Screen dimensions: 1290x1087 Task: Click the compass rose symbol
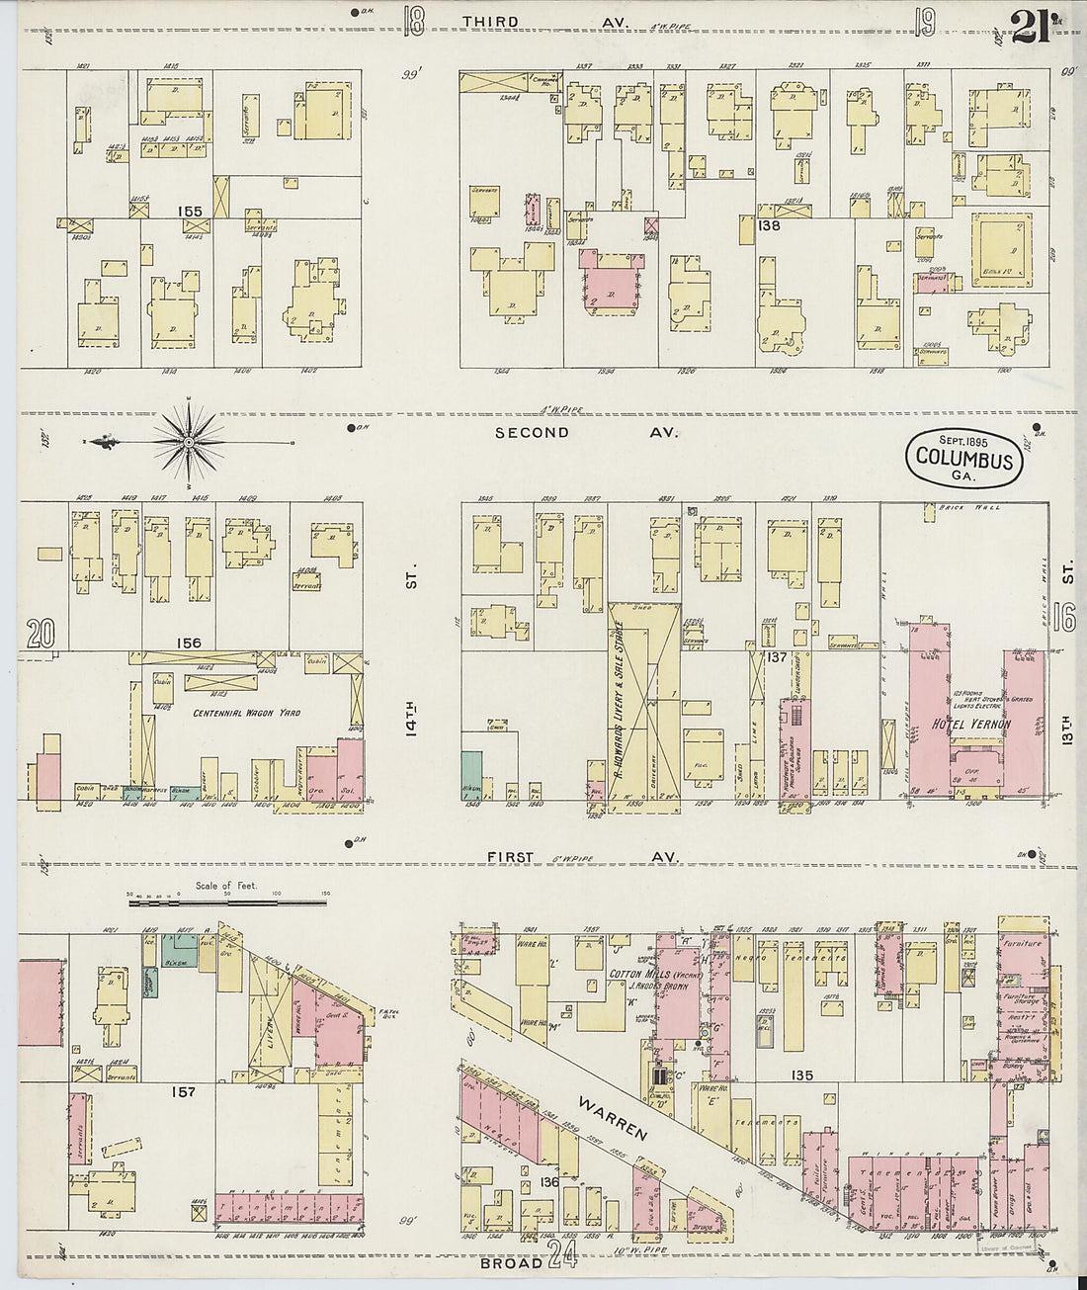[x=188, y=442]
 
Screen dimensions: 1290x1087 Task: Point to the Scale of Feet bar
[x=226, y=902]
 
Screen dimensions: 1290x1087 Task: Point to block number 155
[x=190, y=211]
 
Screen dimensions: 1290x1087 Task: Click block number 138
[x=768, y=225]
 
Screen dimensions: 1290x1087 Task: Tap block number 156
[x=188, y=643]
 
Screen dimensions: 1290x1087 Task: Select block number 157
[x=185, y=1092]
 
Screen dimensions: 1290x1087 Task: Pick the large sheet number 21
[x=1034, y=22]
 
